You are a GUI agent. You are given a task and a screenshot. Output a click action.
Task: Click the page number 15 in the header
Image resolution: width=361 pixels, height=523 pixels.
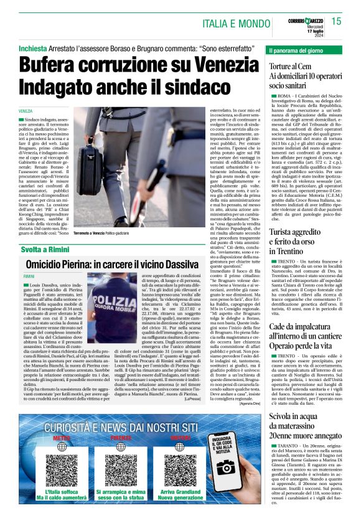[x=350, y=22]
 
